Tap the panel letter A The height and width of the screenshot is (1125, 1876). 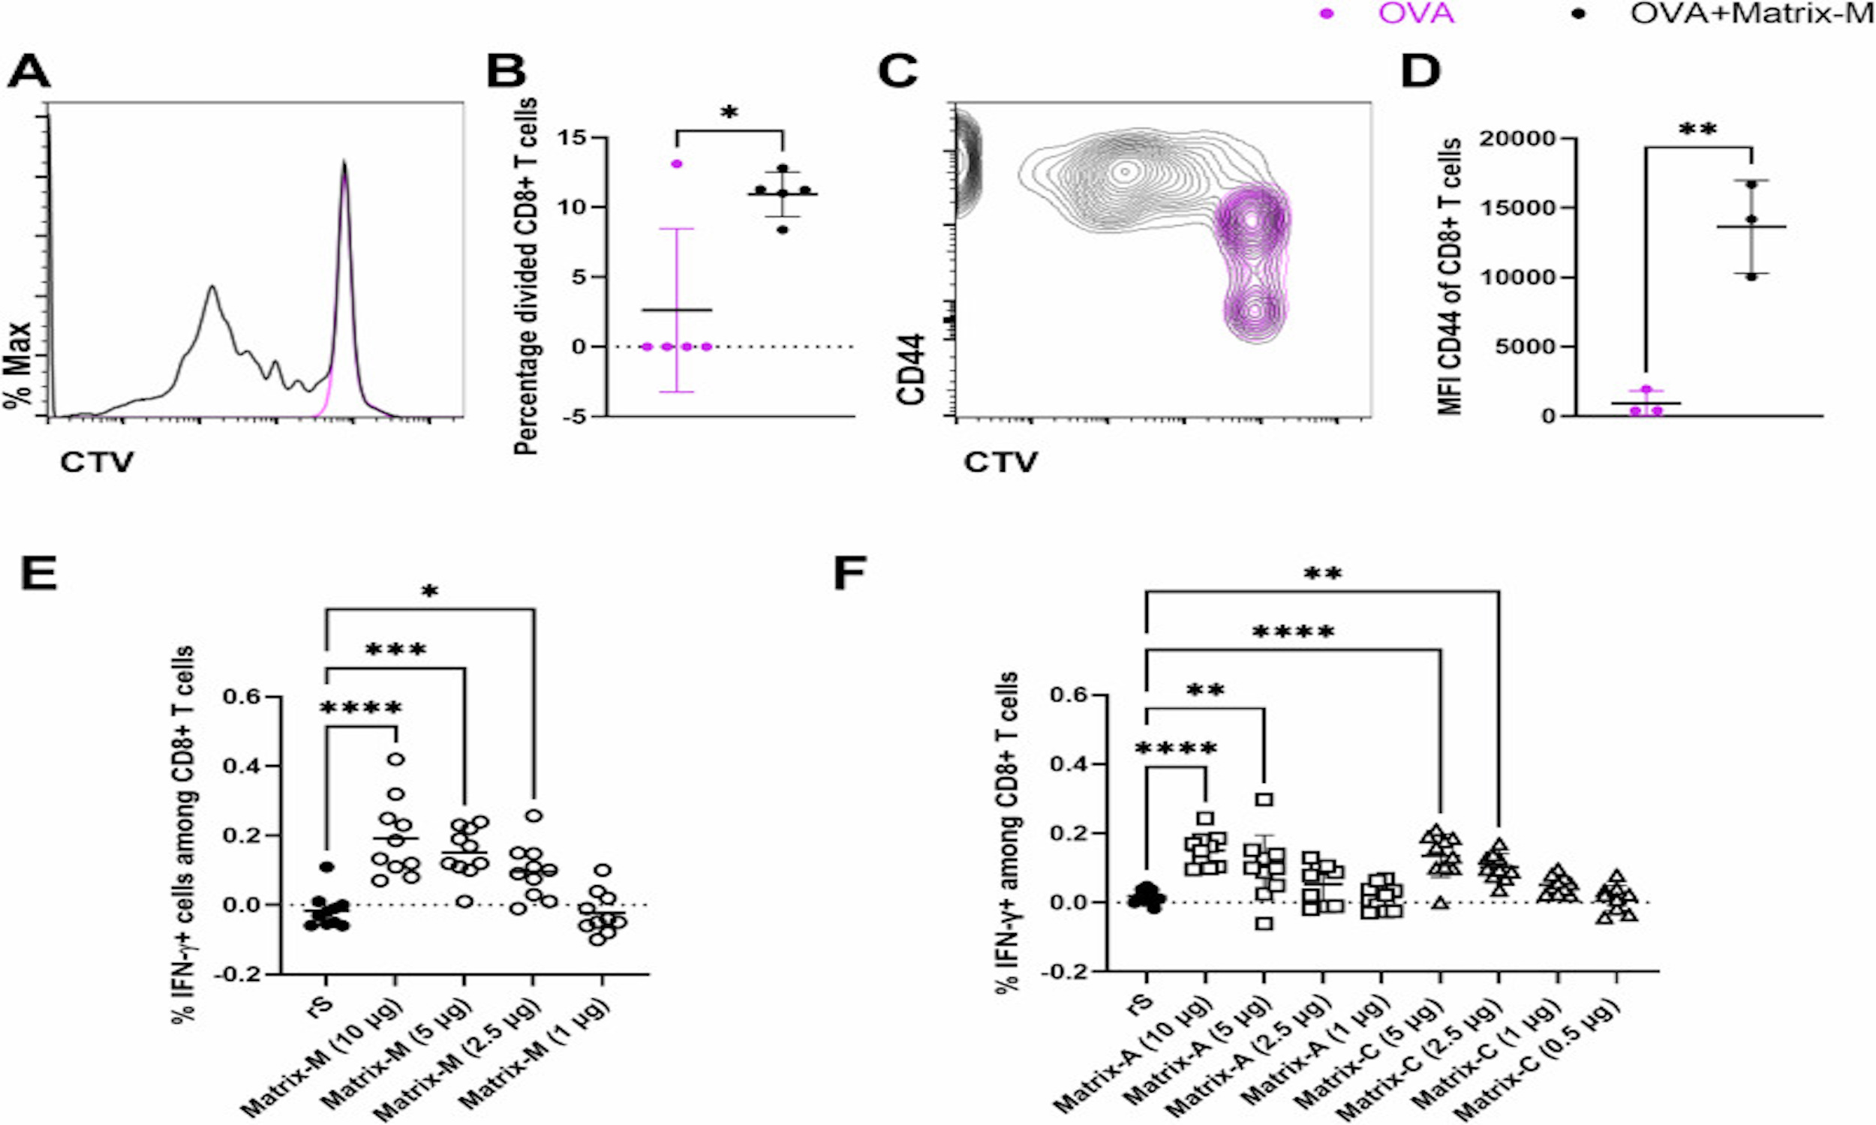tap(28, 74)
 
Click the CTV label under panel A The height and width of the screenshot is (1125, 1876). tap(96, 462)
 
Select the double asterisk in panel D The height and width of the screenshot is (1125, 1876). tap(1697, 130)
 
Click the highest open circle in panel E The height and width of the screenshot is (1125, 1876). tap(395, 759)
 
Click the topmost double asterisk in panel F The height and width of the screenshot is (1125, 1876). tap(1322, 575)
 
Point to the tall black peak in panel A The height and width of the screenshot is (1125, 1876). tap(344, 163)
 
